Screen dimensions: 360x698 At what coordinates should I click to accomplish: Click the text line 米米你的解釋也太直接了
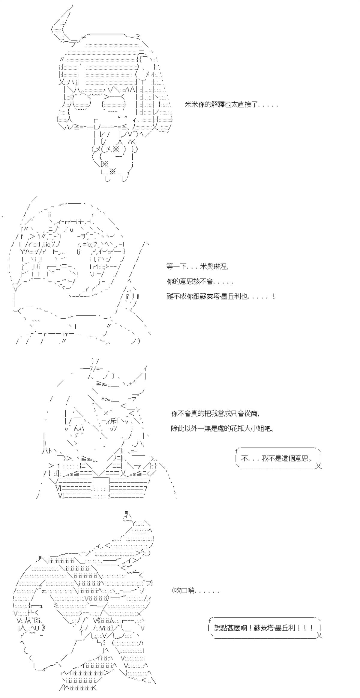point(231,105)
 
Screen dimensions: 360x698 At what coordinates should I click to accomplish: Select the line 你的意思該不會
point(200,282)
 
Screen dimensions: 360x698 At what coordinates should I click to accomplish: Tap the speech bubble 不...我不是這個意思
point(278,459)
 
